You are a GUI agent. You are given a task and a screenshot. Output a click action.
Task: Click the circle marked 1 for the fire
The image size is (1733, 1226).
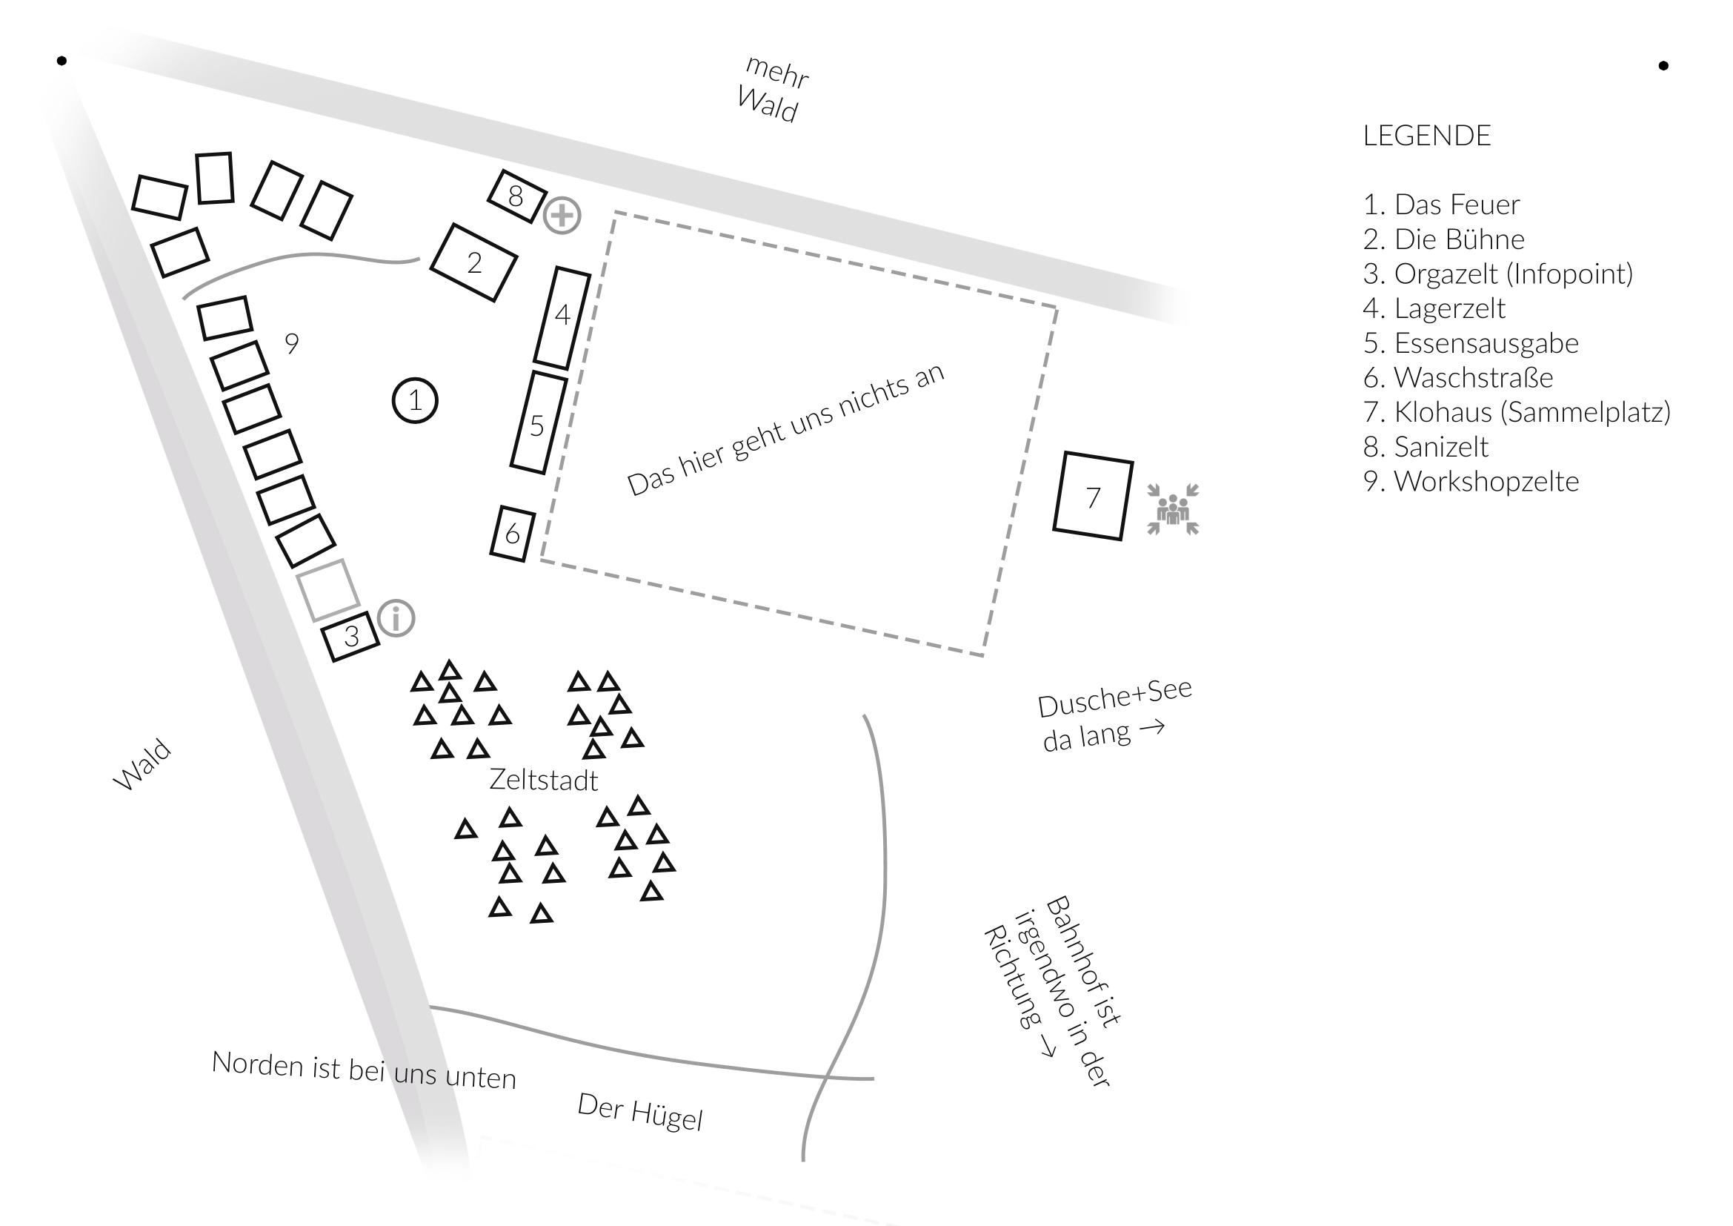tap(415, 400)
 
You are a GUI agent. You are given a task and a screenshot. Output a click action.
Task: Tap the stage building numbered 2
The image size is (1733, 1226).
tap(474, 262)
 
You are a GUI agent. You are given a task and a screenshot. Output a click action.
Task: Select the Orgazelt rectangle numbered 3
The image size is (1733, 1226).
tap(351, 637)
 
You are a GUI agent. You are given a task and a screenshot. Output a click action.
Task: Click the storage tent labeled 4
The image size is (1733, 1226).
tap(562, 317)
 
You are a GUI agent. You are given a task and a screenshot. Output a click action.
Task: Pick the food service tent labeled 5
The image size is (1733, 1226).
tap(538, 423)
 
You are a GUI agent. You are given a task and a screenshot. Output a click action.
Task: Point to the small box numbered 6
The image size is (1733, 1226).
tap(513, 534)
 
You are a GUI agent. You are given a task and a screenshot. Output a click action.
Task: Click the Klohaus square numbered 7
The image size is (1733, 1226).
tap(1093, 496)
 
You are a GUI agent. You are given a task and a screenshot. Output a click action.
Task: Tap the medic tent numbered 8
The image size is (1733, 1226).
tap(517, 196)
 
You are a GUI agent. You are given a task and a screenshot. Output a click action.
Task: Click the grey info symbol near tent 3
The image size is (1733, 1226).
tap(396, 618)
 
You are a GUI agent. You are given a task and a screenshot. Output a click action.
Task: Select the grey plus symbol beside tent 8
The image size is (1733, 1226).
tap(562, 216)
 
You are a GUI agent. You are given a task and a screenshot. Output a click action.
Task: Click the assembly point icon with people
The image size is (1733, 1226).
tap(1173, 509)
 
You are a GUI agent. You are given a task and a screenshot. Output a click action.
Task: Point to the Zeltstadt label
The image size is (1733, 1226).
tap(543, 780)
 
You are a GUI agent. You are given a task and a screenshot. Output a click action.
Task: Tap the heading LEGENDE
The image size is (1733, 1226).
tap(1426, 136)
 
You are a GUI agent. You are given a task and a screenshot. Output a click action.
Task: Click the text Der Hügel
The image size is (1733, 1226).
tap(640, 1111)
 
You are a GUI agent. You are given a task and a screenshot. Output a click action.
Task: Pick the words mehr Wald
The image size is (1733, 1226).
tap(772, 90)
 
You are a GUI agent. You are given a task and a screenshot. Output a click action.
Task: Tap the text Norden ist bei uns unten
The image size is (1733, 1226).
tap(364, 1070)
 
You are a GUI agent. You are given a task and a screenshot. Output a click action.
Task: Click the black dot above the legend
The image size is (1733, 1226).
tap(1663, 66)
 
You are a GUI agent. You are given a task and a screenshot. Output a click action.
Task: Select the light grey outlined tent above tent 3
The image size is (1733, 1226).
tap(327, 589)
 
